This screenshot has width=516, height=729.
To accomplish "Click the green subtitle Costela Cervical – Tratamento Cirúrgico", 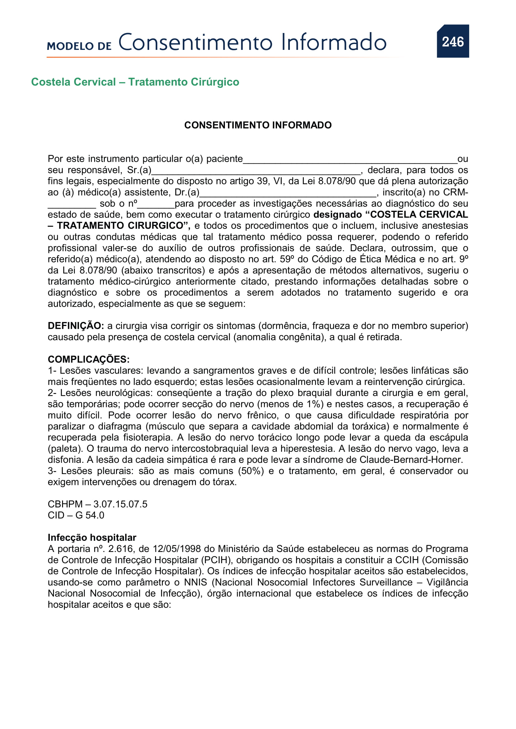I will (x=135, y=82).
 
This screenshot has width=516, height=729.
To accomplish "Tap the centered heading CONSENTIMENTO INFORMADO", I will (x=258, y=125).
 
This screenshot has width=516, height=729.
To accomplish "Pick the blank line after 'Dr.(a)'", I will (x=288, y=194).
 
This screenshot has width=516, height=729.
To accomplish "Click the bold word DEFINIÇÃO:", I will (x=75, y=326).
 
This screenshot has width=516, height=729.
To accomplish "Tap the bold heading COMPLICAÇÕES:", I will (x=89, y=359).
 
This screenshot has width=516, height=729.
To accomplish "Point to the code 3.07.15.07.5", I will (x=120, y=504).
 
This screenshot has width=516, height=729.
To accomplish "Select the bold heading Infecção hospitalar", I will (x=92, y=538).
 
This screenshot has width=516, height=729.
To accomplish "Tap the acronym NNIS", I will (x=195, y=582).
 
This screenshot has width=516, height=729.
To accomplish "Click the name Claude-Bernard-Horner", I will (x=411, y=460).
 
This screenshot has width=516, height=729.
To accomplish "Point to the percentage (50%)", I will (x=251, y=471).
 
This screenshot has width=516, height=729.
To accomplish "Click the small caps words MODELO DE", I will (x=79, y=46).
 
